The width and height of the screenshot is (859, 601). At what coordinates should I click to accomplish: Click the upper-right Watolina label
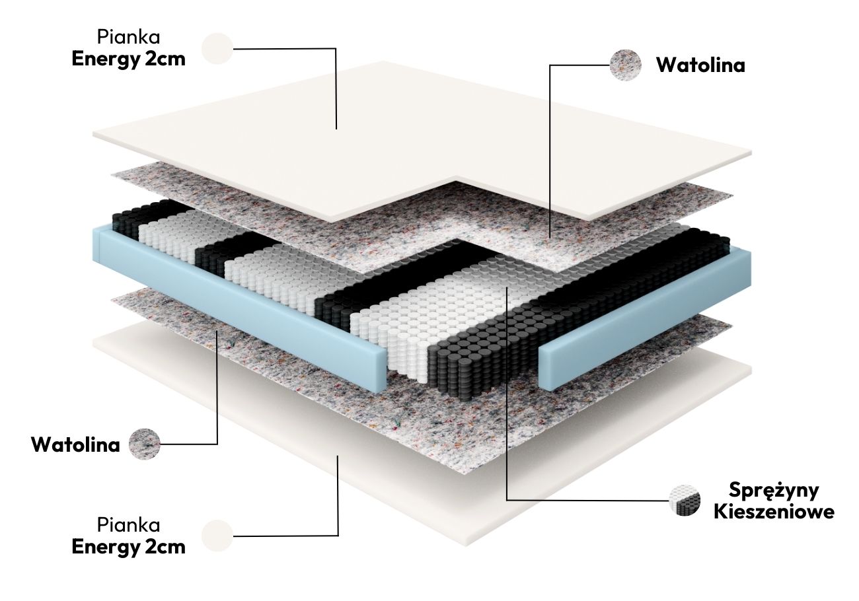(700, 65)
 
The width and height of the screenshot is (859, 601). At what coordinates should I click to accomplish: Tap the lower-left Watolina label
(75, 444)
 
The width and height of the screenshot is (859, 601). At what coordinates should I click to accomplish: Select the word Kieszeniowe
(774, 512)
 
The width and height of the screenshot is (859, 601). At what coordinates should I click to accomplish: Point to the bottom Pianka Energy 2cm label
(128, 536)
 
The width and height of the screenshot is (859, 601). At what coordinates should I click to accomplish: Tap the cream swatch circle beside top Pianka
(217, 48)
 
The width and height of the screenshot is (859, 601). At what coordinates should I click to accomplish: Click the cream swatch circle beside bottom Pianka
(217, 536)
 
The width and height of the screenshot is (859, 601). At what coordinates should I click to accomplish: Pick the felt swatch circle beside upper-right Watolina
(625, 65)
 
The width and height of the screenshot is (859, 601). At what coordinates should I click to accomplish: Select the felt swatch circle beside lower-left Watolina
(145, 444)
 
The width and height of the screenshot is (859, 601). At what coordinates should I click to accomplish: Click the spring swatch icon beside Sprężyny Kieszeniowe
(684, 500)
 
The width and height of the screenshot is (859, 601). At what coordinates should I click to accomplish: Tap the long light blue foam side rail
(238, 297)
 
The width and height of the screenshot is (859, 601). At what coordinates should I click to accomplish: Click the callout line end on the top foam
(337, 127)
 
